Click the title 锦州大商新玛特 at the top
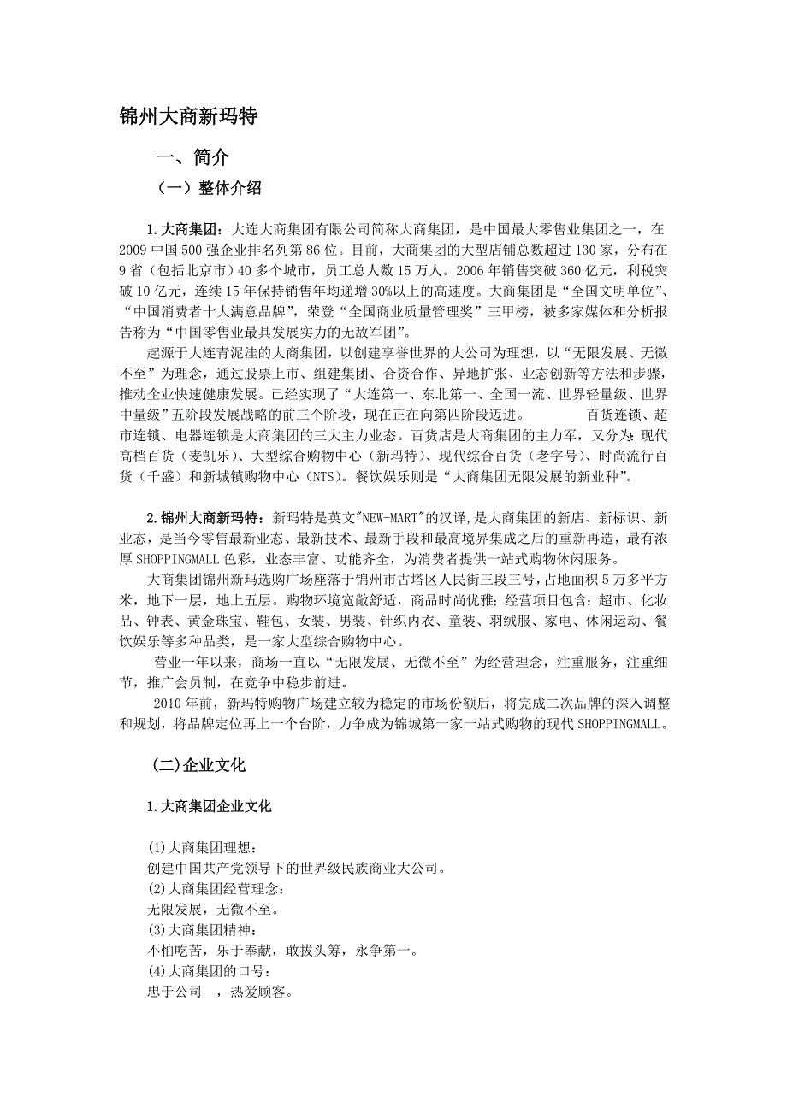[x=188, y=117]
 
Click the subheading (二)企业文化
[x=198, y=765]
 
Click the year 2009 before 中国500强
[x=134, y=252]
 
